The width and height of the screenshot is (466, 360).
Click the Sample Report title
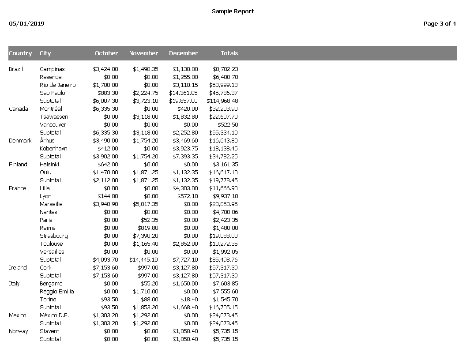(233, 11)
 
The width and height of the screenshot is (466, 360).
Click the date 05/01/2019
(26, 24)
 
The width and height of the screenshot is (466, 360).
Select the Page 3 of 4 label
(440, 24)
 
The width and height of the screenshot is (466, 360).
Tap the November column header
(143, 53)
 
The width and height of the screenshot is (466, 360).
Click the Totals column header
(229, 53)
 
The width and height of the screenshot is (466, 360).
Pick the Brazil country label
(16, 69)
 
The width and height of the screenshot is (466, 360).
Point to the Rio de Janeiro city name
(57, 85)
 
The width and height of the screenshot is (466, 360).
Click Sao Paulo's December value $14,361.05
(184, 93)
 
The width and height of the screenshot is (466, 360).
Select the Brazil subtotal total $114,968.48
(222, 101)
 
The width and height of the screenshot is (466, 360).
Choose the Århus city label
(47, 141)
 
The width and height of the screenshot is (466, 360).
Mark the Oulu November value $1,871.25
(145, 172)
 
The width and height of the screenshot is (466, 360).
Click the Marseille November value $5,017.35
(145, 204)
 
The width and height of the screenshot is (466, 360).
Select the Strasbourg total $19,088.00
(224, 236)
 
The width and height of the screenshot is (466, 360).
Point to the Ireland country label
(18, 268)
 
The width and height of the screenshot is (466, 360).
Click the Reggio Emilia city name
(56, 292)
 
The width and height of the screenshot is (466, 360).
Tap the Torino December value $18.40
(189, 300)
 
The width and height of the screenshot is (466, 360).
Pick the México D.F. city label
(54, 315)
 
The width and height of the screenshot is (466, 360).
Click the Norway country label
(18, 331)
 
